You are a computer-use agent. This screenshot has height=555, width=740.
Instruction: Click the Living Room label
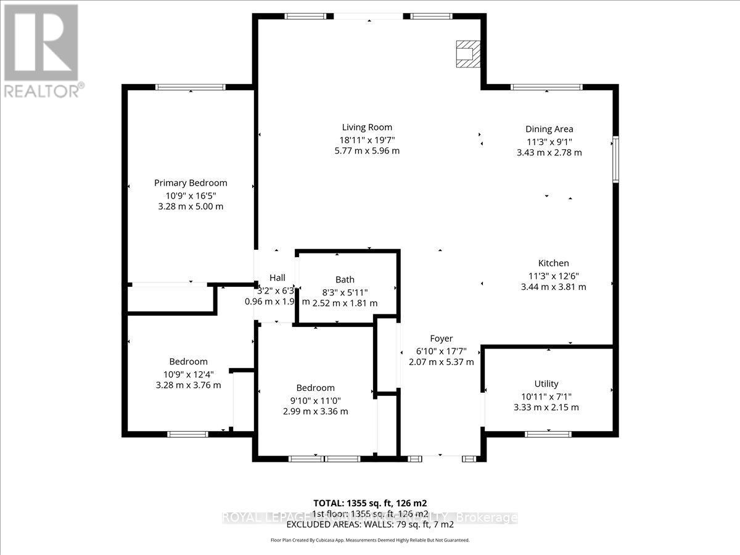point(367,128)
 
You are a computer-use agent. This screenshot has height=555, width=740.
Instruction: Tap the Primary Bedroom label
point(191,183)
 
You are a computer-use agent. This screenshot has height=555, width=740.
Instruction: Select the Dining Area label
point(549,129)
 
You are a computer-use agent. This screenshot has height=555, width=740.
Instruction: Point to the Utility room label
point(546,384)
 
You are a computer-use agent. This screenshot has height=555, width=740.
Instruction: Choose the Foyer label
point(441,339)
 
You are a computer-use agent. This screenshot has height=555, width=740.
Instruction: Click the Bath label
point(345,279)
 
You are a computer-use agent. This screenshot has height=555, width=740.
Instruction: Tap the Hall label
point(277,277)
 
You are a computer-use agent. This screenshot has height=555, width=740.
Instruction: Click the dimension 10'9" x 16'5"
point(191,195)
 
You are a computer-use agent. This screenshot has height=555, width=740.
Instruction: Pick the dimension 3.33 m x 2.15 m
point(546,407)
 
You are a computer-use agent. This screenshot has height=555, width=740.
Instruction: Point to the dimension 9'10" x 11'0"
point(315,400)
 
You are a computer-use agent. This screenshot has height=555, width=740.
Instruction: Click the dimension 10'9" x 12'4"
point(188,373)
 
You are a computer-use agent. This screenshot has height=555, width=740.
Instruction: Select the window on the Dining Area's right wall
point(615,160)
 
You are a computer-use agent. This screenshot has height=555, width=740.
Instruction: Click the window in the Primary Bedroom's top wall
point(191,87)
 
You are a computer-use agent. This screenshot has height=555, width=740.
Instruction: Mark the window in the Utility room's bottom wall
point(548,434)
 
